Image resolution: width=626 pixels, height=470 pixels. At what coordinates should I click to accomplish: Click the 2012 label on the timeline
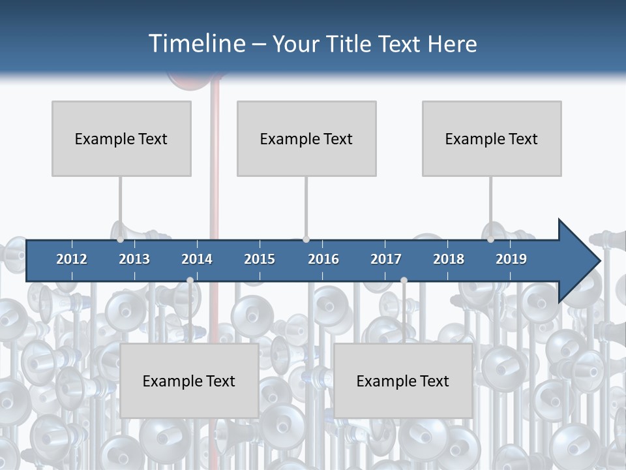(72, 259)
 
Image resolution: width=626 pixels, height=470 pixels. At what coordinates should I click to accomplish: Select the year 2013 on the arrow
(134, 259)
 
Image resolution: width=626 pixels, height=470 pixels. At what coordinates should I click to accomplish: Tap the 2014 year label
(197, 259)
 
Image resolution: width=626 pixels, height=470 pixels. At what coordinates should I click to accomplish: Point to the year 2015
(260, 259)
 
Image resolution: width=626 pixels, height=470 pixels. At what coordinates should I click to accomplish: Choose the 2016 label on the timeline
(323, 259)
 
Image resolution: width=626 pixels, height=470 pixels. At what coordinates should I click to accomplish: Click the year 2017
(386, 259)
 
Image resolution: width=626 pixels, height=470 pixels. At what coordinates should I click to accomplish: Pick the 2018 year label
(449, 259)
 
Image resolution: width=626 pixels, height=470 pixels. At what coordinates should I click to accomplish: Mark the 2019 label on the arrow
(511, 259)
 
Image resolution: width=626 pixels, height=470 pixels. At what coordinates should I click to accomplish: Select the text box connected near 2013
(121, 138)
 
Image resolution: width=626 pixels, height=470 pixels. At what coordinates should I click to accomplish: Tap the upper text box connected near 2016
(306, 138)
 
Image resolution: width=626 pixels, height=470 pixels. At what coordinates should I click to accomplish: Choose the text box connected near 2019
(492, 138)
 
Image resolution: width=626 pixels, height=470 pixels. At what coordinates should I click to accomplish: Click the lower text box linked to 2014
(189, 381)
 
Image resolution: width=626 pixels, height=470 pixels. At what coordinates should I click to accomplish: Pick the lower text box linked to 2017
(403, 381)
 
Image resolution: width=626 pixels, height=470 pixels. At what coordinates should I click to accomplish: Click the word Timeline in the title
(196, 44)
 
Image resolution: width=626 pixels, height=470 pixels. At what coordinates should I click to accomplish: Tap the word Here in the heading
(453, 44)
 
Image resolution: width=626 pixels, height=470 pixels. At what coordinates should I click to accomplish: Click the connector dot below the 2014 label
(190, 280)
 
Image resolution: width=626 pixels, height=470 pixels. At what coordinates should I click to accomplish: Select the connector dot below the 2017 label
(404, 280)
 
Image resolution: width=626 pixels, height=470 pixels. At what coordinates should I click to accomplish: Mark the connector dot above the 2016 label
(306, 240)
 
